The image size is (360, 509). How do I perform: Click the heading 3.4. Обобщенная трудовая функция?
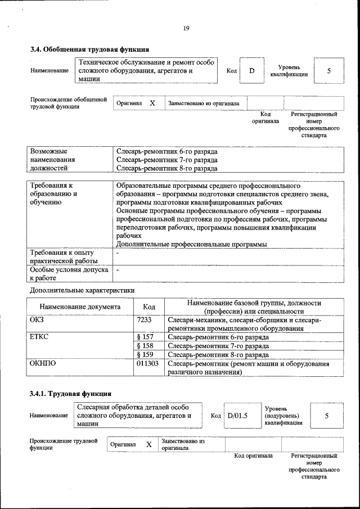[x=89, y=49]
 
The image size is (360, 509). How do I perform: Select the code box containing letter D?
[x=251, y=71]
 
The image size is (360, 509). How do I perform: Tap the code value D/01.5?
[x=238, y=416]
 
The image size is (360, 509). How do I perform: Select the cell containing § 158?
[x=145, y=346]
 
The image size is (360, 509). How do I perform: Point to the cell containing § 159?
[x=145, y=355]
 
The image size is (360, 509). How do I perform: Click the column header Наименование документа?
[x=80, y=307]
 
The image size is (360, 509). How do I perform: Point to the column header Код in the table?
[x=149, y=307]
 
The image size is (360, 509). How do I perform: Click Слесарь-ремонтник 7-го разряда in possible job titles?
[x=166, y=160]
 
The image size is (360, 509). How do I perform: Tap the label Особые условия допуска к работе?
[x=64, y=274]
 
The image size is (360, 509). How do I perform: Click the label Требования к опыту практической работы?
[x=64, y=256]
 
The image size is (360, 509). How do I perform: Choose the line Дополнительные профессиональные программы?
[x=191, y=244]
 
